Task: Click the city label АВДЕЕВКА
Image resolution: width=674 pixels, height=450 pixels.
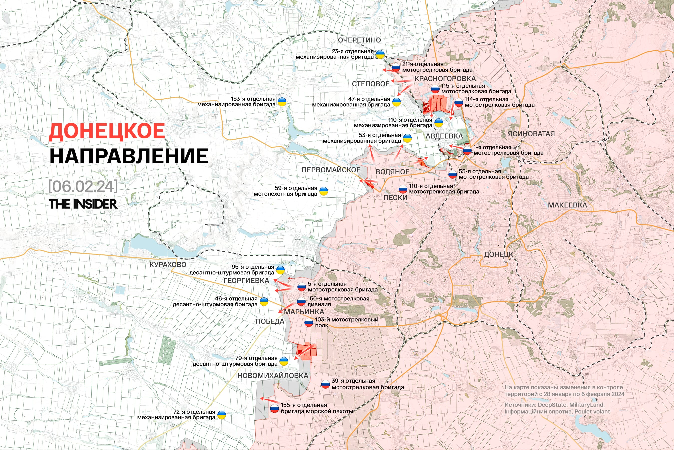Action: (444, 136)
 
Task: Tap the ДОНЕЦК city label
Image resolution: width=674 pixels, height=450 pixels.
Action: (499, 254)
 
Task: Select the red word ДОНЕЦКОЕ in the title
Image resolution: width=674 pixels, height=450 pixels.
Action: (107, 132)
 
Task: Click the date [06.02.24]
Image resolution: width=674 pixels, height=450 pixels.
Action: (83, 186)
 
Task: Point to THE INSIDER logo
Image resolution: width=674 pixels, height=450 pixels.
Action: (83, 204)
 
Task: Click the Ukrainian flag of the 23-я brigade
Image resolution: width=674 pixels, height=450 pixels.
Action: (380, 54)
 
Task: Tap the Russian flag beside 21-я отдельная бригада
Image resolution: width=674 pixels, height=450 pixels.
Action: (396, 67)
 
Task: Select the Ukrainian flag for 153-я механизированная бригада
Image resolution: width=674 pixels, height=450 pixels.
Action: (282, 102)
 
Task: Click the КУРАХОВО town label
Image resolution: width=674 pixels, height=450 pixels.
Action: (168, 264)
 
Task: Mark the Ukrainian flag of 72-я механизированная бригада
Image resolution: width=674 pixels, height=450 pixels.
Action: (221, 415)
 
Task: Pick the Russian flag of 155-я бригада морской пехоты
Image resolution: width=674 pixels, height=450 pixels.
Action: (275, 409)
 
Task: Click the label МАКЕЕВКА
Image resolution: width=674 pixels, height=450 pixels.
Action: (567, 205)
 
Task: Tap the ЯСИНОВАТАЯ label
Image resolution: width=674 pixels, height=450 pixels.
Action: (531, 134)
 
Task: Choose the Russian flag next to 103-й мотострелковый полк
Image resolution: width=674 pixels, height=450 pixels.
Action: (309, 323)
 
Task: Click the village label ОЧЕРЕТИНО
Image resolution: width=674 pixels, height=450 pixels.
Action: (359, 40)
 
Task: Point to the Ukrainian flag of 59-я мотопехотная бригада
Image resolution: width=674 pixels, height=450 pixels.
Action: (324, 191)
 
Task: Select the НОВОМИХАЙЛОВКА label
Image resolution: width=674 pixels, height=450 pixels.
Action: (273, 376)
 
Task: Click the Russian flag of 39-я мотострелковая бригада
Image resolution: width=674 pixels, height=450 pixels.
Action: (325, 384)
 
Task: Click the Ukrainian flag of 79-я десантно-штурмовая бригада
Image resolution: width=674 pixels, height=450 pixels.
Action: (284, 361)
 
